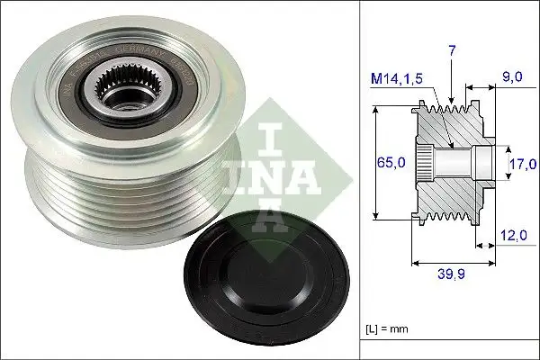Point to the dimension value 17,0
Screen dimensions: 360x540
click(523, 163)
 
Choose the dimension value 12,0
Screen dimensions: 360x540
click(513, 237)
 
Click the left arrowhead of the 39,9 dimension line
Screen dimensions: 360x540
click(415, 265)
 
